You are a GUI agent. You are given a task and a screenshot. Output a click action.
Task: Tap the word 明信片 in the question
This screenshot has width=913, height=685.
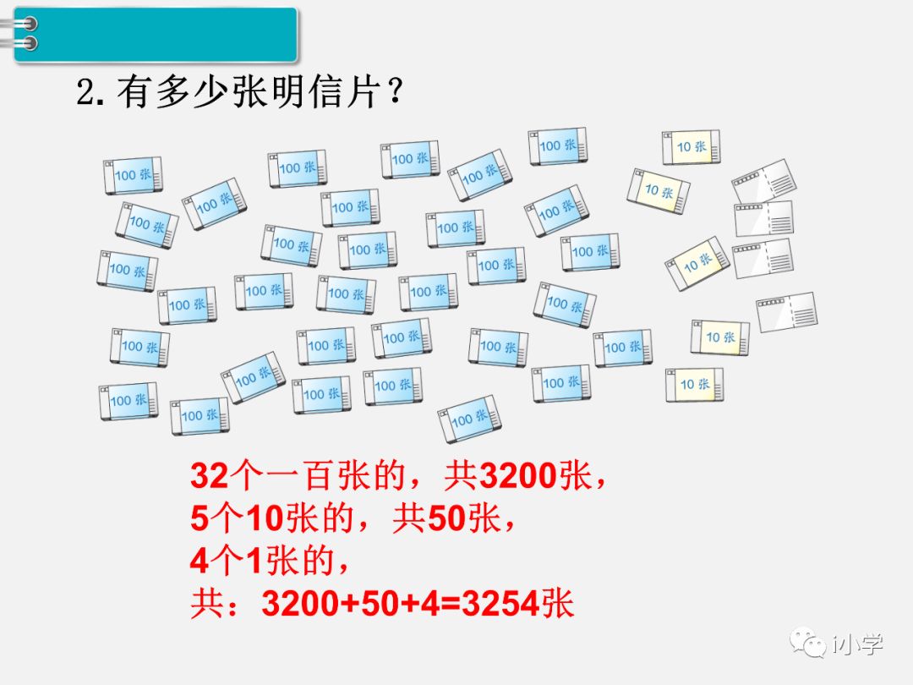[333, 91]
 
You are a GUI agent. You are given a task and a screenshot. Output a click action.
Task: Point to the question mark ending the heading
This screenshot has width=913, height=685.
[393, 91]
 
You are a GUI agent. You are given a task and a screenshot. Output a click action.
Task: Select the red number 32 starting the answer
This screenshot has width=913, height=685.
[210, 478]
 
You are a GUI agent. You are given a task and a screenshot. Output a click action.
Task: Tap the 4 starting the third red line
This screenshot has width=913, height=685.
[199, 561]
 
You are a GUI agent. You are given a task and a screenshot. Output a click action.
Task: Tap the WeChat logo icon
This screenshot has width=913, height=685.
[808, 644]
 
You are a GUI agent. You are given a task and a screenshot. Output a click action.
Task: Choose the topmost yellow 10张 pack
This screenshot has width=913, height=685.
[691, 147]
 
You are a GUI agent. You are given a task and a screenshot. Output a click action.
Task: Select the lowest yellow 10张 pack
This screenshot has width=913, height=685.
[694, 385]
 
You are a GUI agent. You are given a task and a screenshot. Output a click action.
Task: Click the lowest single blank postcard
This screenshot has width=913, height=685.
[787, 312]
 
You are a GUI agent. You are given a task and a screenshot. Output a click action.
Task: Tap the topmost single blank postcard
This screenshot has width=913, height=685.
[763, 181]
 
